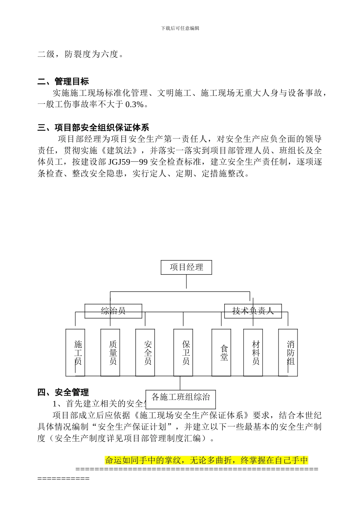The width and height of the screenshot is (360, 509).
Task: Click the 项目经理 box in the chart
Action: coord(186,267)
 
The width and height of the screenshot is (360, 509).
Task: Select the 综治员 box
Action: coord(113,311)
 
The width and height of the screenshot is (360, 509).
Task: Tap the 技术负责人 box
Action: coord(253,311)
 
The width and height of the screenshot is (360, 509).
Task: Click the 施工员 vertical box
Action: coord(75,352)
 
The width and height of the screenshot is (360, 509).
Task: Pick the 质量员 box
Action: coord(110,352)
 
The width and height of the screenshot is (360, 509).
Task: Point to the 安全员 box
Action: coord(145,352)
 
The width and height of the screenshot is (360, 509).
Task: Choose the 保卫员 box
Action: coord(183,352)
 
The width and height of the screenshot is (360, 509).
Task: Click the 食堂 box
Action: coord(221,352)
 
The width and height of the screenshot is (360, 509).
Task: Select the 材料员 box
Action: coord(253,352)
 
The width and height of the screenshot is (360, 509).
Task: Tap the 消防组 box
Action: coord(288,352)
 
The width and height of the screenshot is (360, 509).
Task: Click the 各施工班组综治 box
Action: coord(181,397)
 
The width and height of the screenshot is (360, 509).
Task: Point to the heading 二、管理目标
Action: coord(63,81)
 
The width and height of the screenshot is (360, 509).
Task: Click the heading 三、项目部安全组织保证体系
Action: coord(93,128)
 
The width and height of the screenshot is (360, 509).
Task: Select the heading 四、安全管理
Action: coord(63,392)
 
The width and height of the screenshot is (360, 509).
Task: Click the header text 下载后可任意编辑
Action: coord(180,28)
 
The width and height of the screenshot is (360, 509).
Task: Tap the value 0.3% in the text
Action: coord(134,105)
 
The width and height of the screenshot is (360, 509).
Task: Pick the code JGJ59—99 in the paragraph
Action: coord(128,162)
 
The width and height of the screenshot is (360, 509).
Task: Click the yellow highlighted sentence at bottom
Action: coord(207,461)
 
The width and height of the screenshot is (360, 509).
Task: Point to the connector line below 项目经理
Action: coord(186,282)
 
